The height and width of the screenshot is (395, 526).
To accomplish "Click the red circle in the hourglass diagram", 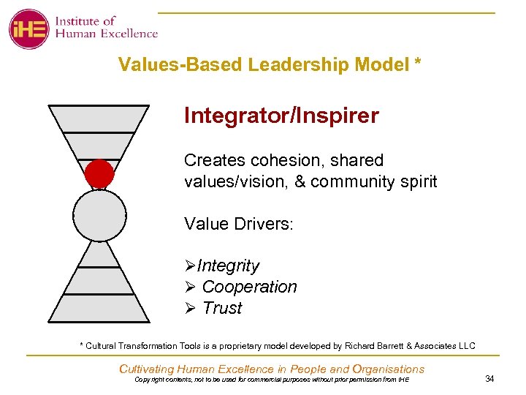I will [99, 174].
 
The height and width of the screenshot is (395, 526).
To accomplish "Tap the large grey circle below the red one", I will [99, 215].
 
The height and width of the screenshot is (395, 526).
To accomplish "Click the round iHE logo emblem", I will [28, 29].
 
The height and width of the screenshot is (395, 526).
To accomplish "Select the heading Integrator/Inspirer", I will [281, 116].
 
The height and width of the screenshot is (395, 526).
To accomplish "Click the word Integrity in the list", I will [228, 266].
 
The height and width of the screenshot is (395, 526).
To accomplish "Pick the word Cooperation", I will [249, 287].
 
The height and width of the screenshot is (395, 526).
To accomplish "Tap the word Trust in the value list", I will [222, 308].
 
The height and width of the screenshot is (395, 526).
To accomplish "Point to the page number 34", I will [489, 378].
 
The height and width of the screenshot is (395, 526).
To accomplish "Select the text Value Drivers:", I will [238, 224].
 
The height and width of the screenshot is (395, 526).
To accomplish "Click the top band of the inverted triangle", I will [98, 118].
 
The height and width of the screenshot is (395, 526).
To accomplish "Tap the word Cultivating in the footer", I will [148, 369].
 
